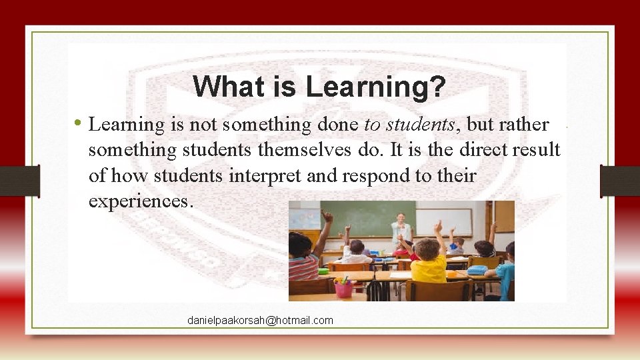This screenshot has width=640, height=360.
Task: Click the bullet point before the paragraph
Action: point(78,123)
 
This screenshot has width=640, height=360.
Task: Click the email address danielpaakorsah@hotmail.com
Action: point(260,321)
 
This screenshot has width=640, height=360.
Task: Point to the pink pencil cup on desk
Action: point(344,287)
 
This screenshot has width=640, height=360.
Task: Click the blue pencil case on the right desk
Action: point(477,270)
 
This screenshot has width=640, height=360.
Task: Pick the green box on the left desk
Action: point(323,271)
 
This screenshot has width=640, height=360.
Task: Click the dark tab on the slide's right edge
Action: point(619,181)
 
